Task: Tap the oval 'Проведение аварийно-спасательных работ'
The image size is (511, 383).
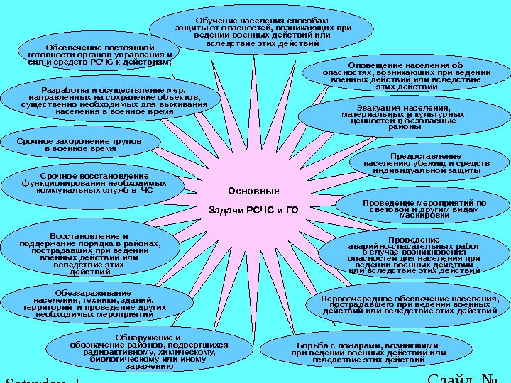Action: pos(414,255)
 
